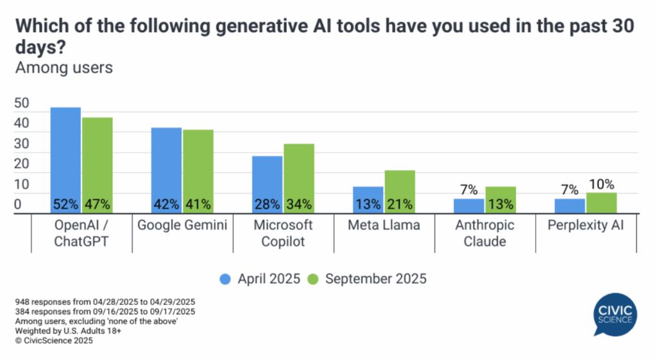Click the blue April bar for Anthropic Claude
pos(469,206)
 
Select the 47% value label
pos(97,205)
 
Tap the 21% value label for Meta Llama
pos(400,205)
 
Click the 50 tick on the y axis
pos(22,103)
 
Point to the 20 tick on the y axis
pos(22,164)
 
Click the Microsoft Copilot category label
pos(283,232)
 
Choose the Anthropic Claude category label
pos(486,232)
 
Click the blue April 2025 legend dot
pos(225,279)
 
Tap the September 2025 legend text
pos(375,279)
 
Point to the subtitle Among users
pos(64,67)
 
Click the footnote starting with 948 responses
pos(103,302)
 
